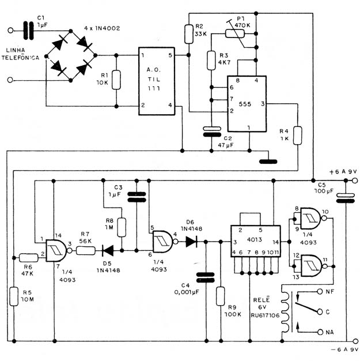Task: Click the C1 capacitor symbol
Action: pyautogui.click(x=29, y=31)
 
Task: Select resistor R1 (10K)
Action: pyautogui.click(x=116, y=80)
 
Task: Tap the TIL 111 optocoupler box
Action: pyautogui.click(x=157, y=81)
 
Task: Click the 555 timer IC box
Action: pyautogui.click(x=247, y=104)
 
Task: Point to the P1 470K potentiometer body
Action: pyautogui.click(x=235, y=34)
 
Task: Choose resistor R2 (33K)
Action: pyautogui.click(x=188, y=34)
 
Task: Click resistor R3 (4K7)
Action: pyautogui.click(x=211, y=61)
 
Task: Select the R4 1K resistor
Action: pyautogui.click(x=298, y=136)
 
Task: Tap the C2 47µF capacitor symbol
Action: pyautogui.click(x=212, y=131)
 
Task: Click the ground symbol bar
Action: pyautogui.click(x=268, y=161)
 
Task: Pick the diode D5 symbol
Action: pyautogui.click(x=108, y=250)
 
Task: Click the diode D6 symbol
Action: pyautogui.click(x=191, y=242)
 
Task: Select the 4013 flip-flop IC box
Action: pyautogui.click(x=256, y=241)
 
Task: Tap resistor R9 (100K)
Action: pyautogui.click(x=221, y=296)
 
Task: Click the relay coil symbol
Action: pyautogui.click(x=285, y=312)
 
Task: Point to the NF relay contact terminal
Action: pyautogui.click(x=320, y=291)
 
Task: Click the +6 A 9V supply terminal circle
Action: pyautogui.click(x=355, y=180)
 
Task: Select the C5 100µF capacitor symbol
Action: pyautogui.click(x=346, y=198)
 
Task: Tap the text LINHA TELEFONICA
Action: pyautogui.click(x=20, y=54)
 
